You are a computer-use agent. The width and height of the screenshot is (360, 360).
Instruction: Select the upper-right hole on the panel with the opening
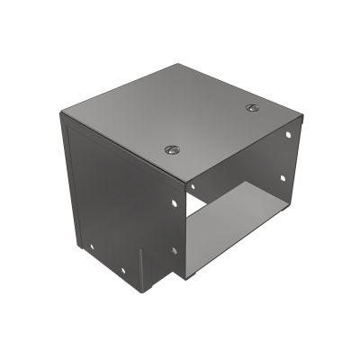coord(287,135)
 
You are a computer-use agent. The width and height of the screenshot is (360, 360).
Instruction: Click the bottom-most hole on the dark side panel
coord(117,267)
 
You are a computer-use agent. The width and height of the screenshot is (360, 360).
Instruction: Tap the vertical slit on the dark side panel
coord(139,266)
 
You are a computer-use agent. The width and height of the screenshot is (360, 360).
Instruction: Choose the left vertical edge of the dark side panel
coord(63,180)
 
